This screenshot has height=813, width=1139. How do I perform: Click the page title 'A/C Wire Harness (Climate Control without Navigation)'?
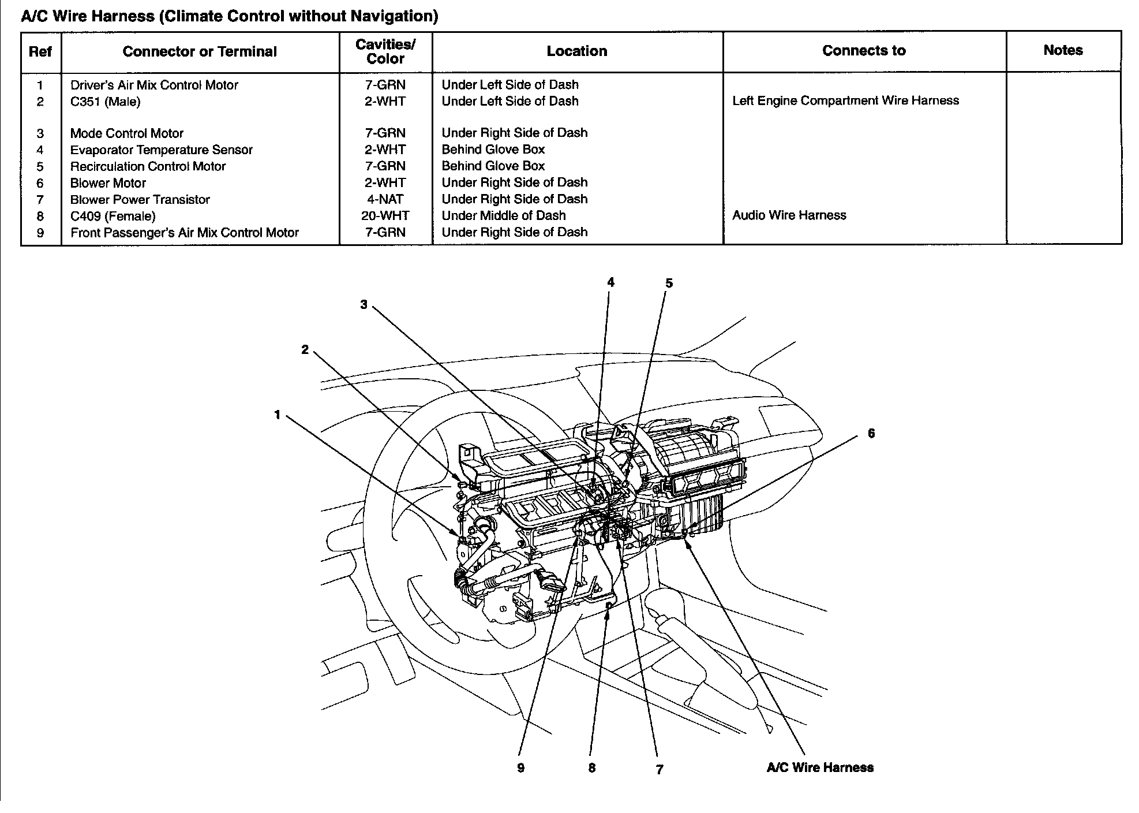pyautogui.click(x=229, y=16)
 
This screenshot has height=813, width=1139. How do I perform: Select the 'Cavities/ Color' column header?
pyautogui.click(x=385, y=51)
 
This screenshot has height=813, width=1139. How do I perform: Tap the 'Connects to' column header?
pyautogui.click(x=864, y=51)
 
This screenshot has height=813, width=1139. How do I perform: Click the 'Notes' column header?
pyautogui.click(x=1063, y=50)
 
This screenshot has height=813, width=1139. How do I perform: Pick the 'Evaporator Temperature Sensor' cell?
pyautogui.click(x=162, y=150)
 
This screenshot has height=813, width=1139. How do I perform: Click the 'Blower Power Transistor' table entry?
pyautogui.click(x=140, y=200)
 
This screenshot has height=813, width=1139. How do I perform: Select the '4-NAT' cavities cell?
pyautogui.click(x=385, y=200)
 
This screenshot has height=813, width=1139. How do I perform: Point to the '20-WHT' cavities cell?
pyautogui.click(x=385, y=216)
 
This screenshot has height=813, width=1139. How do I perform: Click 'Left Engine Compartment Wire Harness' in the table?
pyautogui.click(x=845, y=101)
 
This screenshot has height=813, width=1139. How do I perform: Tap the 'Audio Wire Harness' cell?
pyautogui.click(x=789, y=215)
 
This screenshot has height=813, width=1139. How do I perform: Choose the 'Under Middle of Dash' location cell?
pyautogui.click(x=504, y=216)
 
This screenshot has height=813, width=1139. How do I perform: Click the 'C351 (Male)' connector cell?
pyautogui.click(x=106, y=102)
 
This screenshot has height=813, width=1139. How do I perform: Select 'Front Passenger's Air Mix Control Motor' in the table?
pyautogui.click(x=185, y=233)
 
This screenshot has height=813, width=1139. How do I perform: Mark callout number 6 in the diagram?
pyautogui.click(x=871, y=433)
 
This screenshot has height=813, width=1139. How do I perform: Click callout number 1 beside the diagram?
pyautogui.click(x=278, y=415)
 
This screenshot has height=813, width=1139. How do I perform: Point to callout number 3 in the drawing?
pyautogui.click(x=364, y=304)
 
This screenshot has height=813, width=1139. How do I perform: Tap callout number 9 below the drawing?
pyautogui.click(x=520, y=768)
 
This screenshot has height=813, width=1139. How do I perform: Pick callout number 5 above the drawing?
pyautogui.click(x=669, y=283)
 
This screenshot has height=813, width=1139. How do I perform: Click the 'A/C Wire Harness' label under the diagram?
pyautogui.click(x=820, y=767)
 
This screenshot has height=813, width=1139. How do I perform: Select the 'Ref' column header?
pyautogui.click(x=40, y=51)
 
